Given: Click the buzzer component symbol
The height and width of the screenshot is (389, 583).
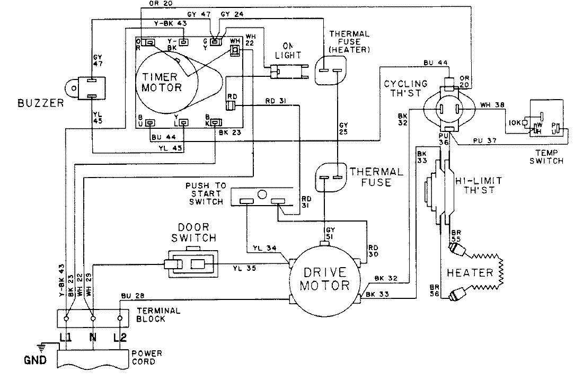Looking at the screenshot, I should coord(89,88).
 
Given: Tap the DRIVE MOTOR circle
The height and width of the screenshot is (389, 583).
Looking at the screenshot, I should coord(325,279).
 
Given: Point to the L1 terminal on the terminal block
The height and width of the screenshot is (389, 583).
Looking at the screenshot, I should coord(66,319).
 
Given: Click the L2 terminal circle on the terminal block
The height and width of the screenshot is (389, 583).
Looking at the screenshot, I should coord(120,319).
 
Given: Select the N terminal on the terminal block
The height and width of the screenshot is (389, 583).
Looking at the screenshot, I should coord(93,319).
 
